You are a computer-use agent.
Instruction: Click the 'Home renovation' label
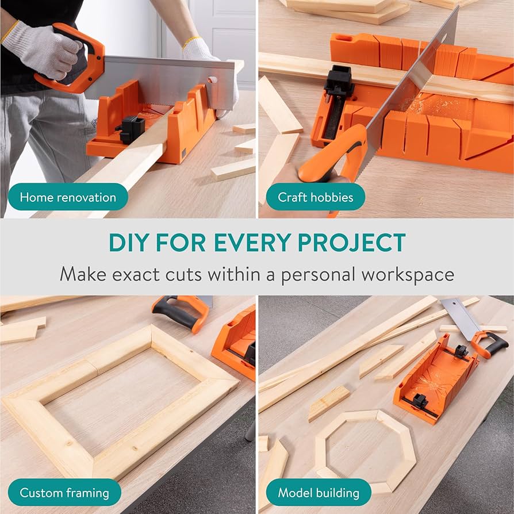[x=68, y=197]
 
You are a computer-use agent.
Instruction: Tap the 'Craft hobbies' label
[x=315, y=197]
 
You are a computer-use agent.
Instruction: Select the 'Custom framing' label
[x=64, y=493]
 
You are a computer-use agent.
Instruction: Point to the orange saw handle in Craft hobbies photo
[x=333, y=161]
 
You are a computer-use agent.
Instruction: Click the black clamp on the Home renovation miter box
[x=132, y=129]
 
